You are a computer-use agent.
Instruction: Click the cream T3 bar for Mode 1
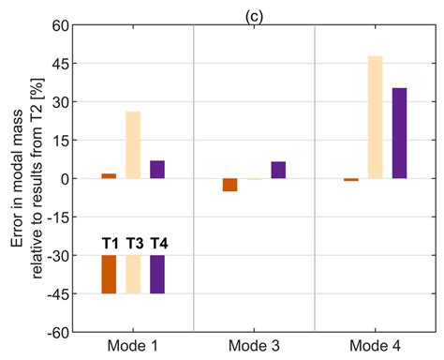coord(133,145)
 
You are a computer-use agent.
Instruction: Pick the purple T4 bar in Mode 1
coord(157,170)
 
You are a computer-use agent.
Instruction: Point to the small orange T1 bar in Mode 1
coord(109,176)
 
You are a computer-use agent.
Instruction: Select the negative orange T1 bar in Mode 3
coord(229,185)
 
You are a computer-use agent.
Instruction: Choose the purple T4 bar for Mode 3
coord(278,170)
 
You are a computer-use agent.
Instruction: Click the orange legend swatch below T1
coord(109,274)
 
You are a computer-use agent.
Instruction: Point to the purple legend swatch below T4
coord(157,274)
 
